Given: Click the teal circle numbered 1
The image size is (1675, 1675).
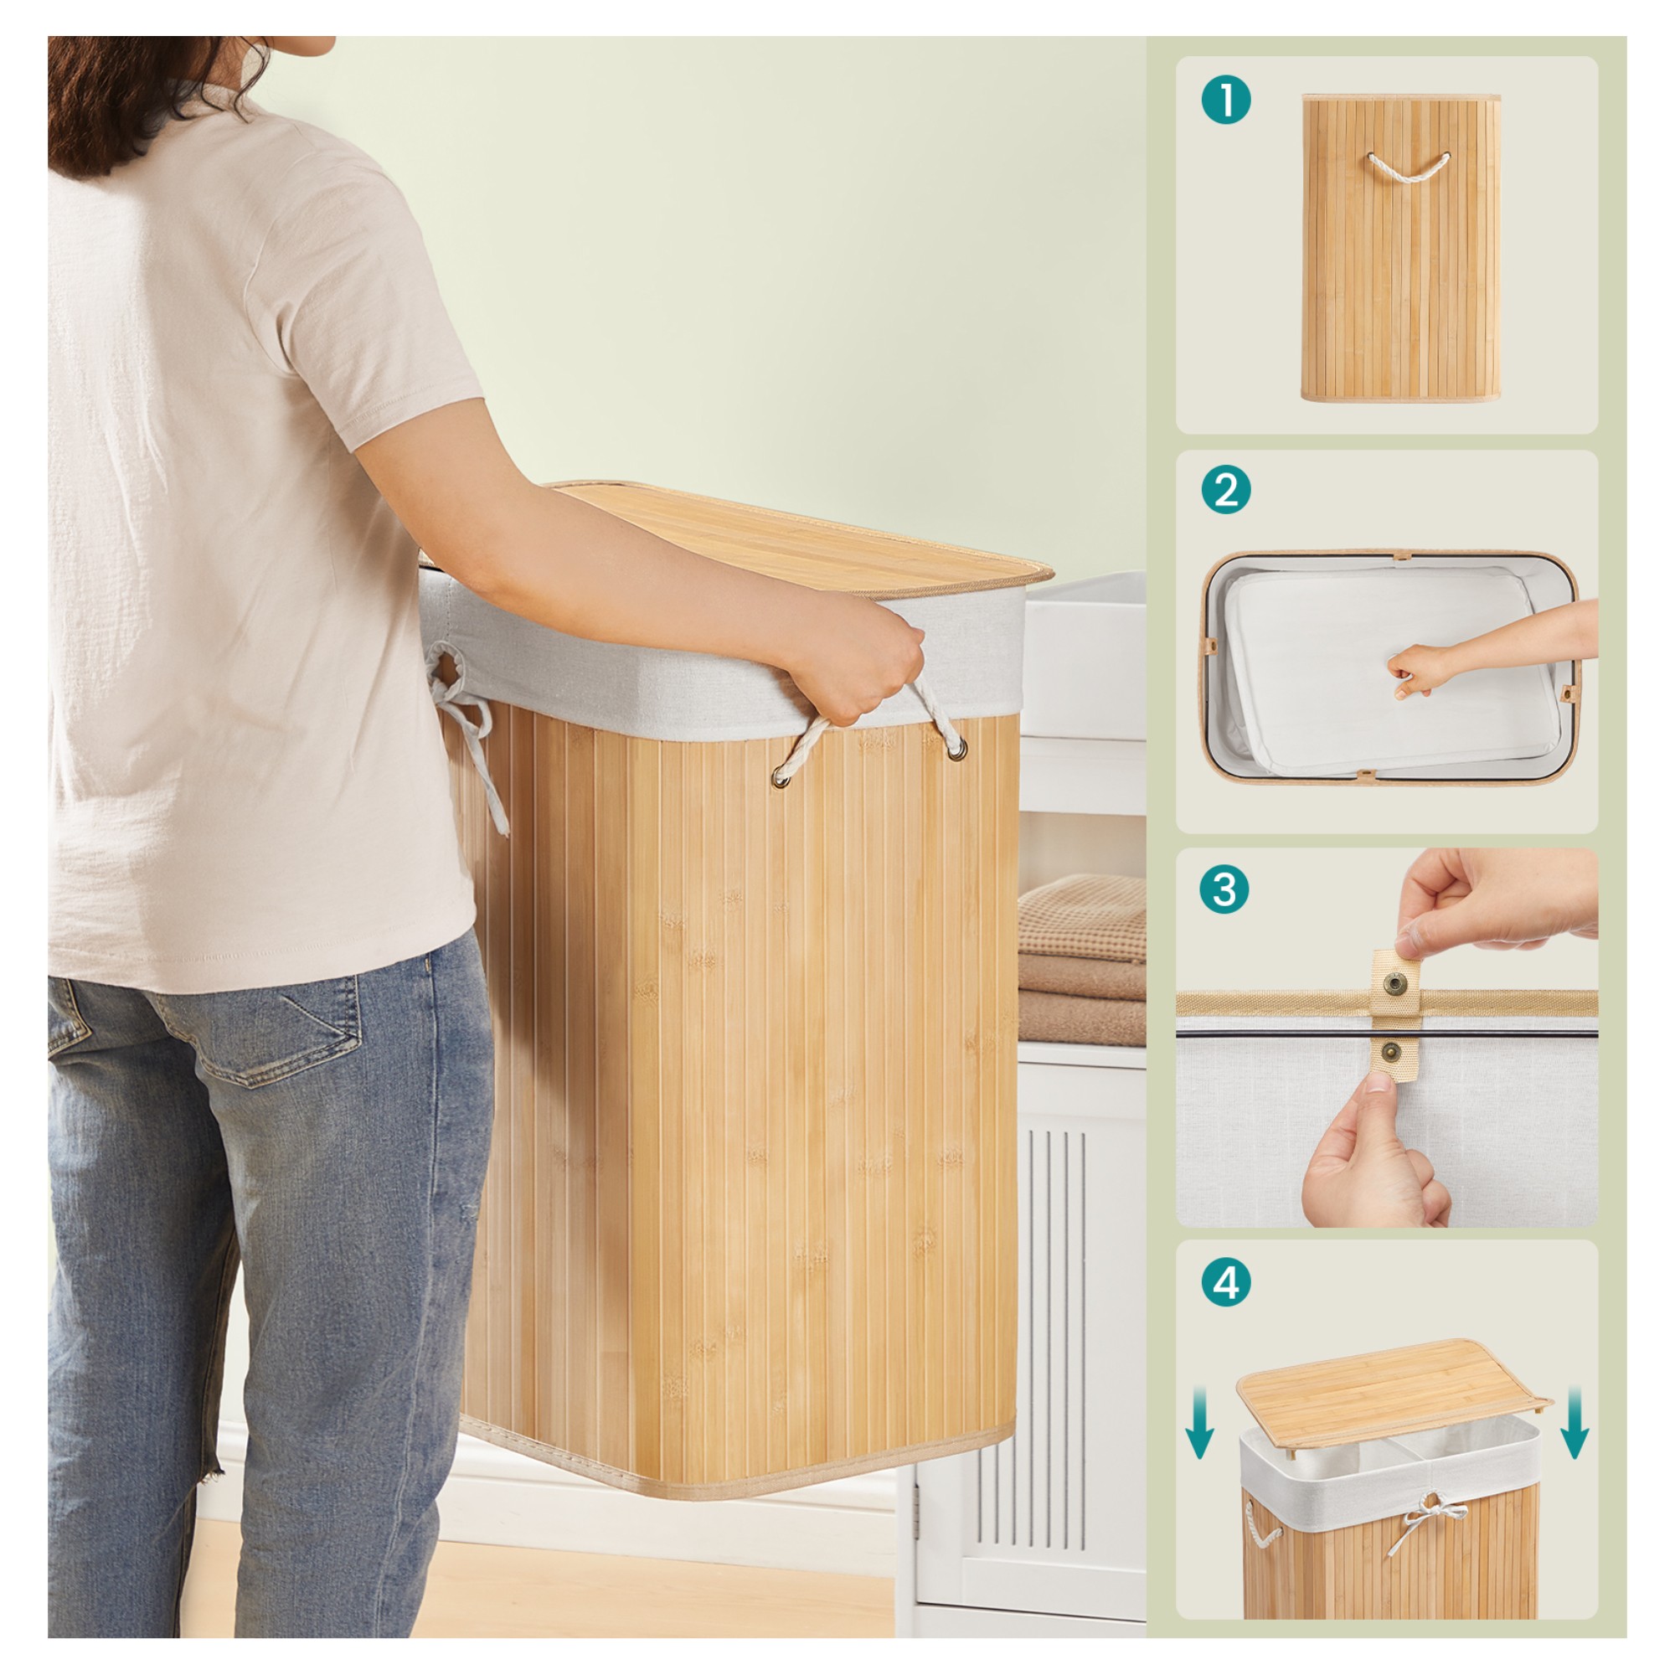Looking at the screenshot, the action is [x=1226, y=100].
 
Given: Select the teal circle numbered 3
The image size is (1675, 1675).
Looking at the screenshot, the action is [x=1224, y=889].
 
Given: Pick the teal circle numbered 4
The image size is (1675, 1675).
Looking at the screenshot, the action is [x=1226, y=1282].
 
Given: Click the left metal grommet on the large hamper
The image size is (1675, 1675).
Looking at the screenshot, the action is [x=781, y=780].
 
